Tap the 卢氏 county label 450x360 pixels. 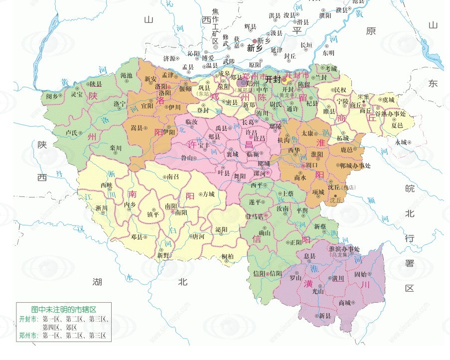[72, 133]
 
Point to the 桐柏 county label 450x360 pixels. [228, 256]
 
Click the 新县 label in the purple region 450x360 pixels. [325, 316]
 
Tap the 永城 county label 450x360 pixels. [401, 142]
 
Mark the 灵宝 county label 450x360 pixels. [76, 94]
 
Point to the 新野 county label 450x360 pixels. [163, 255]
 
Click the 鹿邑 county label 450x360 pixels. [346, 149]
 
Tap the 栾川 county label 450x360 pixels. [116, 148]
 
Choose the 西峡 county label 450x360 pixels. [106, 184]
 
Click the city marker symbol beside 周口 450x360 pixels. [303, 165]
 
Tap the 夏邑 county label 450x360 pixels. [397, 125]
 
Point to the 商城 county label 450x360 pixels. [344, 302]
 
